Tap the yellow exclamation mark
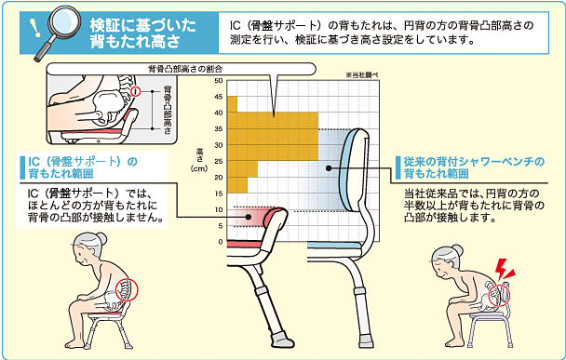tap(35, 27)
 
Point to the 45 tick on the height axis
tap(219, 97)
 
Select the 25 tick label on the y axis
tap(219, 161)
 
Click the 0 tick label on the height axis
tap(221, 242)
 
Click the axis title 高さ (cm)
tap(199, 159)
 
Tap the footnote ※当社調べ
tap(362, 75)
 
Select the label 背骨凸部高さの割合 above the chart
tap(185, 69)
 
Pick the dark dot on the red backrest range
tap(249, 217)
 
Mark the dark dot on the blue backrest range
tap(329, 168)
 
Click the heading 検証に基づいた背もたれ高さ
tap(143, 33)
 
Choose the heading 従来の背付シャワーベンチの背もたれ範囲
tap(474, 167)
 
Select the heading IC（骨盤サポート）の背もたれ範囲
tap(83, 167)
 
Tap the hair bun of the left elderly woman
tap(101, 239)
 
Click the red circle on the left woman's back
tap(127, 289)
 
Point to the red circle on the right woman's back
tap(498, 296)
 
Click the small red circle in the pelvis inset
tap(136, 91)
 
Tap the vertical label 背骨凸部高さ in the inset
tap(168, 110)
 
